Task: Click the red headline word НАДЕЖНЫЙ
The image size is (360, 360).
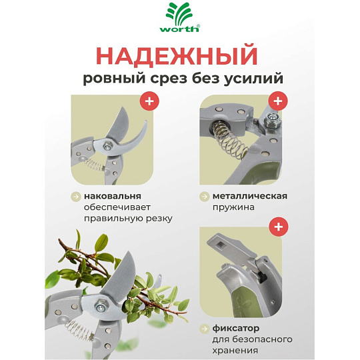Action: click(176, 55)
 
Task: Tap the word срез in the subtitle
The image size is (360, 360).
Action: click(168, 79)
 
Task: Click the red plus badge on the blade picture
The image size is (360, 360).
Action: click(149, 101)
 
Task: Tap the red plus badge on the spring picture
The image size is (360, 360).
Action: click(278, 101)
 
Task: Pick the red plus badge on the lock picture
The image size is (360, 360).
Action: click(279, 227)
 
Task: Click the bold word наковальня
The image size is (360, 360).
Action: click(113, 196)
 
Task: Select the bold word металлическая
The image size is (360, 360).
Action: click(250, 196)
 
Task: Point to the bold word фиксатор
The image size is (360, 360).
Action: click(236, 328)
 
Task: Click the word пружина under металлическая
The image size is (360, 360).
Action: click(233, 207)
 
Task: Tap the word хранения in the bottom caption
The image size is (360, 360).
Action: click(235, 351)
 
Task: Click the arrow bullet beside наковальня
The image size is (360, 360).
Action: click(75, 197)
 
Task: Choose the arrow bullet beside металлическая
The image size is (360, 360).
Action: click(204, 197)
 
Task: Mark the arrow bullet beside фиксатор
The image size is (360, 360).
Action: click(204, 329)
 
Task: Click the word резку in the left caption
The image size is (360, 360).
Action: click(159, 219)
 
